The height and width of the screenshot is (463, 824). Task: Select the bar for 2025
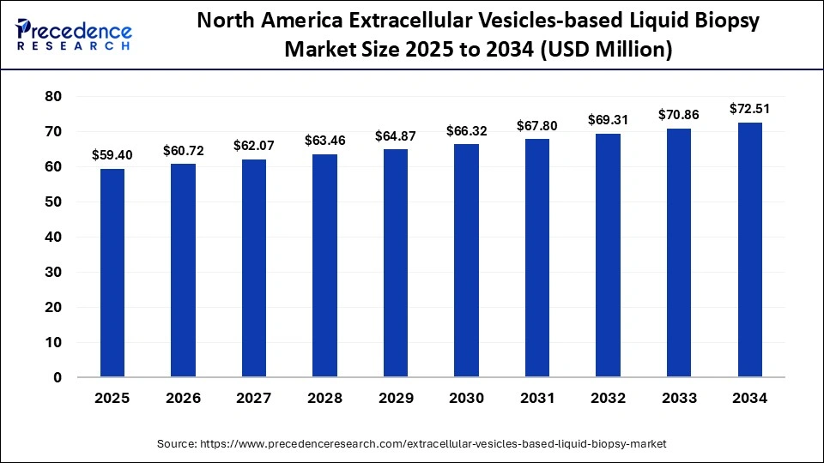tap(112, 273)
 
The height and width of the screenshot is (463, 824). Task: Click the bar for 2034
tap(749, 250)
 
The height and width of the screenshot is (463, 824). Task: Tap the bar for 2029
tap(395, 263)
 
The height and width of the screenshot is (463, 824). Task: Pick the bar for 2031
tap(536, 258)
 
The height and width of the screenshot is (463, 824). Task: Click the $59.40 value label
tap(112, 155)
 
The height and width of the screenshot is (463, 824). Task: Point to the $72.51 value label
tap(749, 109)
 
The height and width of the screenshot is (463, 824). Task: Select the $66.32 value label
tap(466, 130)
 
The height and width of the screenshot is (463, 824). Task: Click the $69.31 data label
tap(608, 120)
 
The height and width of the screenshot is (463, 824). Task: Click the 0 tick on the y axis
tap(58, 377)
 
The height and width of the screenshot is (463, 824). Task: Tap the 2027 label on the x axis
tap(253, 399)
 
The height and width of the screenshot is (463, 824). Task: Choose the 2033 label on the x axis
tap(678, 399)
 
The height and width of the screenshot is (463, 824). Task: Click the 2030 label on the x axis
tap(466, 399)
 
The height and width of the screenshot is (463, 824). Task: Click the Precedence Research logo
tap(74, 34)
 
